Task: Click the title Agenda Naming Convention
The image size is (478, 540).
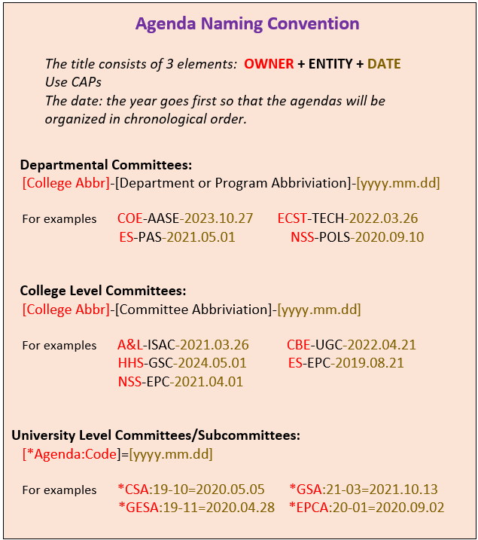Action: coord(247,23)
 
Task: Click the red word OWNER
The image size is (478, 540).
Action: coord(269,64)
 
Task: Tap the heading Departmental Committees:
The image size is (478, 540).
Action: coord(106,164)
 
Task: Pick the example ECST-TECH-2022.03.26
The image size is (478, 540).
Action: coord(347,218)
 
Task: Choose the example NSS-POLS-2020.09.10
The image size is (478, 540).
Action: coord(357,236)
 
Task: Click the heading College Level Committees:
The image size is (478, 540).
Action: coord(103,291)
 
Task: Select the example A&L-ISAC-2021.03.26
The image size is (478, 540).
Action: coord(183,345)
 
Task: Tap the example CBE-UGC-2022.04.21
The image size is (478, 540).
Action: coord(351,345)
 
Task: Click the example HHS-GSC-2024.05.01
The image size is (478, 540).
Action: coord(182,363)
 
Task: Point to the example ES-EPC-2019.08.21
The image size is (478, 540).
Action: coord(346,363)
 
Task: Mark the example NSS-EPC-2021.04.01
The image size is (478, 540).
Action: coord(180,382)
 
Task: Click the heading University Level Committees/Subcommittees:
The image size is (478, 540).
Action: coord(156,435)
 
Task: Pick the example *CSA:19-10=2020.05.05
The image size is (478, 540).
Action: coord(191,490)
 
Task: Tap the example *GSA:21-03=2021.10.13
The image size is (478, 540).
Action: coord(364,490)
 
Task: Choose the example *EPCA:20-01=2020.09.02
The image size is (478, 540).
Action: coord(367,508)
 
